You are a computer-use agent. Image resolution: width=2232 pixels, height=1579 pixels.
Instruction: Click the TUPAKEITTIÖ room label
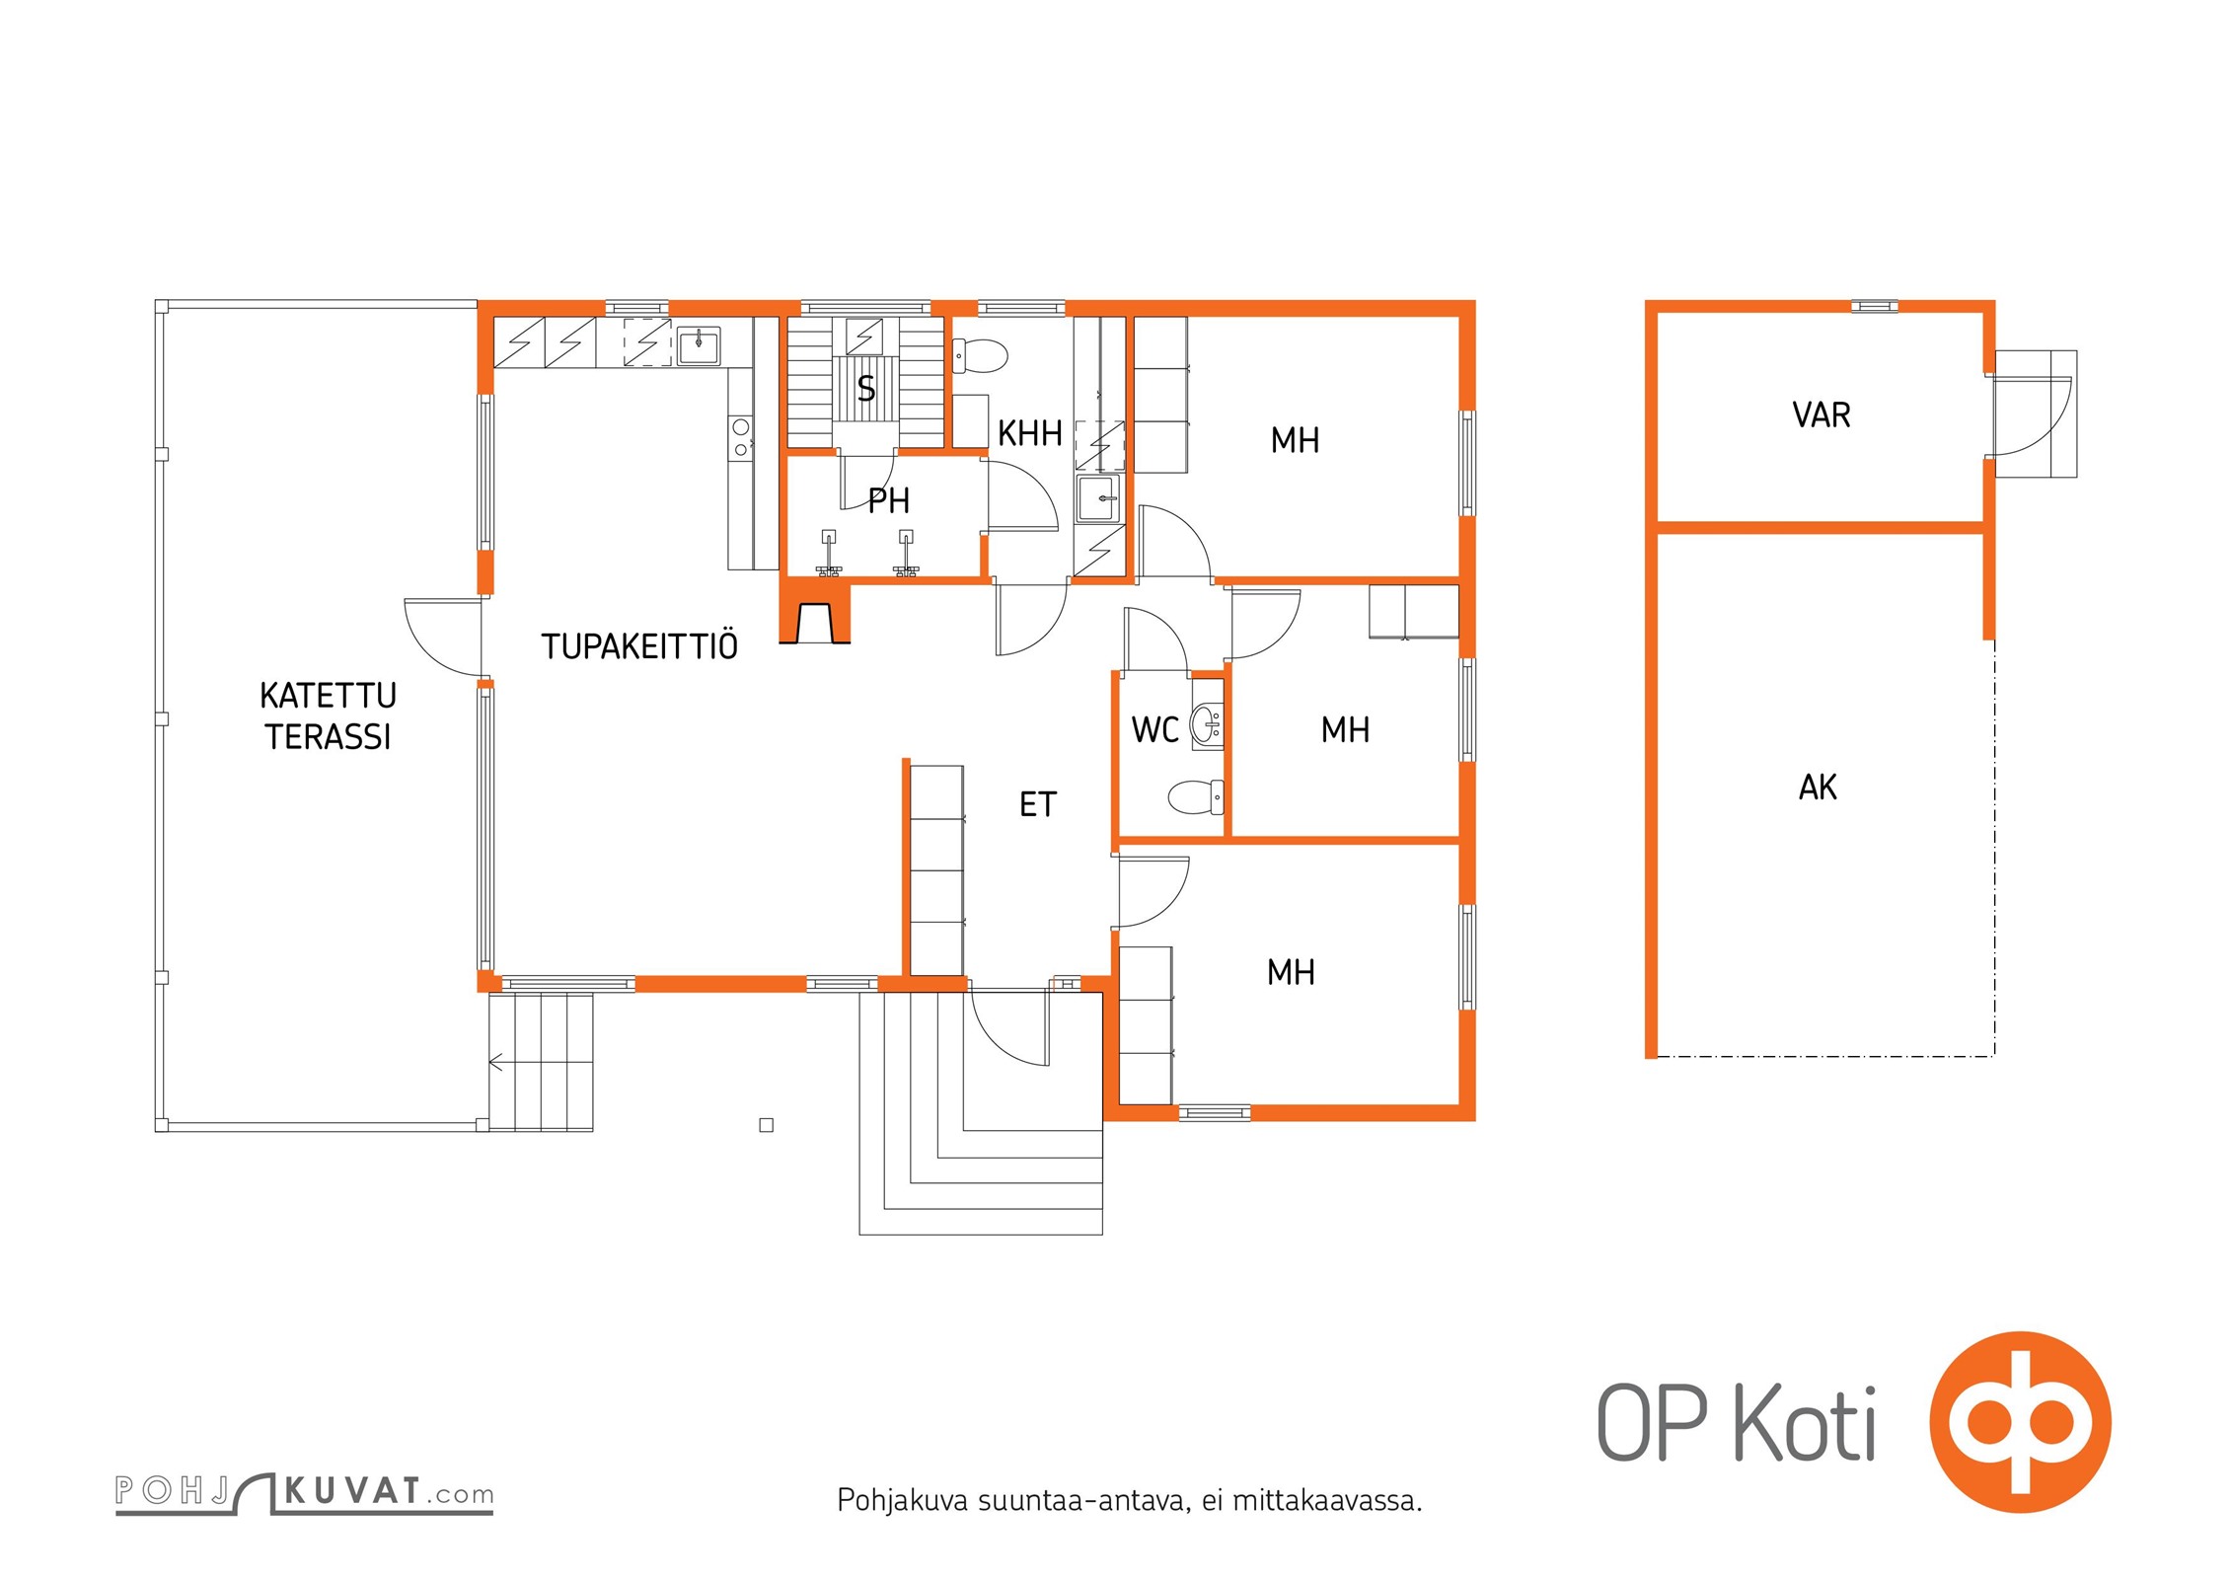[639, 646]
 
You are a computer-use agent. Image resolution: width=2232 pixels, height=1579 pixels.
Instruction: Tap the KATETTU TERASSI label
[329, 716]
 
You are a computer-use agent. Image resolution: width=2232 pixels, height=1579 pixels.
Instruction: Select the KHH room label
[1030, 433]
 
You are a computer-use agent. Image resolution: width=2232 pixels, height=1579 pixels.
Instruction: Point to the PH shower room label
[889, 501]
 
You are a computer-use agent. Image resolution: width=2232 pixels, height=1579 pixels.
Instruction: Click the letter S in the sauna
[866, 389]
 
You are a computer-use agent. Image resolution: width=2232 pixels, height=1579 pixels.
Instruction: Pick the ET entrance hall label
[1038, 805]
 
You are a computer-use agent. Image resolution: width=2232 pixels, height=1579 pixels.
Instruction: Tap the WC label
[1155, 730]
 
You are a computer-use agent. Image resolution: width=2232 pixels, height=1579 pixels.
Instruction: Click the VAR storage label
[1822, 414]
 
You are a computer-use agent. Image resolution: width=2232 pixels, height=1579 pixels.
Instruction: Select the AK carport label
[1818, 788]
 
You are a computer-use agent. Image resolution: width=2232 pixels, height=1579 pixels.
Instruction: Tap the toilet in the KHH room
[980, 355]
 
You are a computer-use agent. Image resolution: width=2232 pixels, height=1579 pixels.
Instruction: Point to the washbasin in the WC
[1207, 726]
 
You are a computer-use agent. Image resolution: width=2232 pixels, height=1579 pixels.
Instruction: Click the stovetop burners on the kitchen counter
[740, 438]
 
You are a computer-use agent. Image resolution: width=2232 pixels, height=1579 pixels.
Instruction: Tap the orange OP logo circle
[2021, 1422]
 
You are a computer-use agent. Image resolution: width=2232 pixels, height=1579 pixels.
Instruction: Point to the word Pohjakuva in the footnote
[903, 1501]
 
